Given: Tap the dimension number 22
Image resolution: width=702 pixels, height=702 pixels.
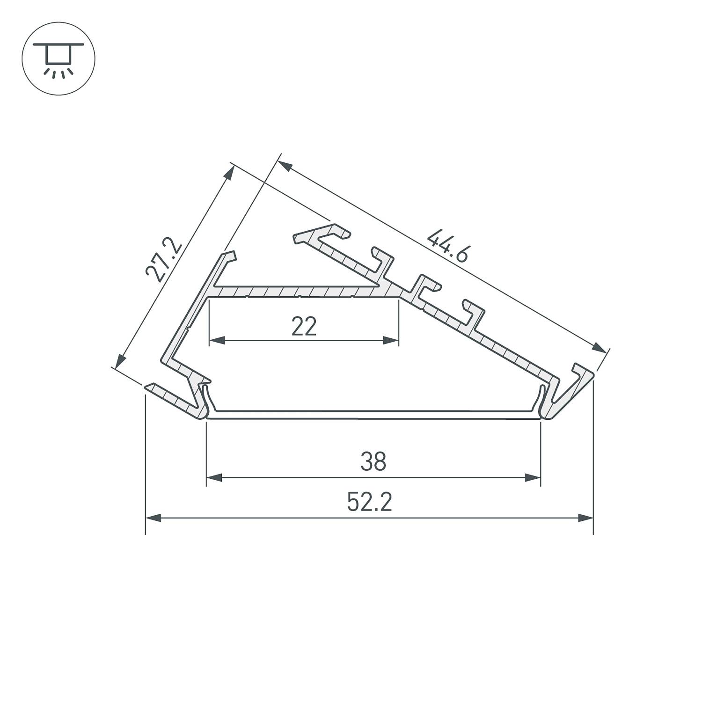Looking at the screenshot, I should coord(304,326).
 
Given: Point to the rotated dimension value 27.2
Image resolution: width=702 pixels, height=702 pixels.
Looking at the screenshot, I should coord(161,260).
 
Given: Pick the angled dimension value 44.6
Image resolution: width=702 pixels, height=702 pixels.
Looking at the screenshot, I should coord(447,246).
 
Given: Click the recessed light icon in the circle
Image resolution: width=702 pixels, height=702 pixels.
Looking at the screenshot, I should coord(58,59).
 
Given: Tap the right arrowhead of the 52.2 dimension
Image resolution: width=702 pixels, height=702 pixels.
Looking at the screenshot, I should coord(585,518).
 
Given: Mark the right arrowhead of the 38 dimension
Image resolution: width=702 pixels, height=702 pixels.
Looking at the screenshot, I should coord(533,478).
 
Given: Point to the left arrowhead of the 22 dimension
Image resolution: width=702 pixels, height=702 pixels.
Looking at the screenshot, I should coord(217,340).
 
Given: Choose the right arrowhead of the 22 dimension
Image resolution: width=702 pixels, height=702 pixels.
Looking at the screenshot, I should coord(391,340).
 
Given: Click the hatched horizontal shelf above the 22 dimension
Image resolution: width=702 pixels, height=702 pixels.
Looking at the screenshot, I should coord(300,292).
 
